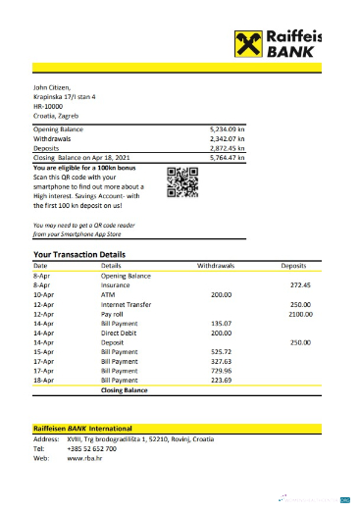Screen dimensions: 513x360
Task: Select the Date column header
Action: tap(40, 266)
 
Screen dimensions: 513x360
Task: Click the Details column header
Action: tap(112, 266)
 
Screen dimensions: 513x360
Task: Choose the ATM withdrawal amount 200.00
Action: tap(221, 294)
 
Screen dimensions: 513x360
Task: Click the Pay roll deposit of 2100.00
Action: tap(299, 314)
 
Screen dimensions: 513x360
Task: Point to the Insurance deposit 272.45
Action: tap(300, 284)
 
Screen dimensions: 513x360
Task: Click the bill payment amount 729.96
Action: tap(221, 371)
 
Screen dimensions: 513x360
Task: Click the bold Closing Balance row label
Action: tap(124, 390)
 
